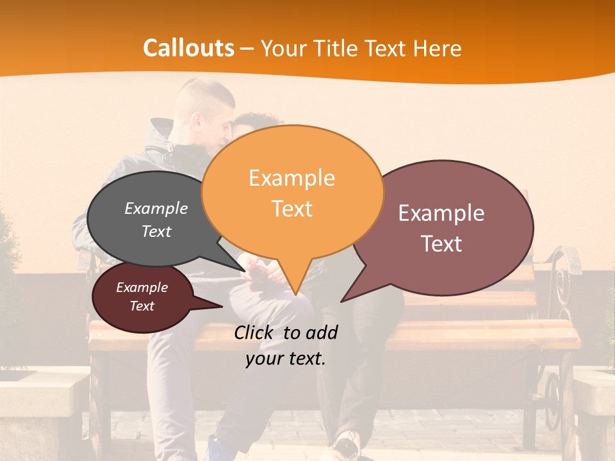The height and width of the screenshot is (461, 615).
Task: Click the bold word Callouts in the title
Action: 188,48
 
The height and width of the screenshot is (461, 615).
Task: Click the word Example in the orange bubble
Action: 291,178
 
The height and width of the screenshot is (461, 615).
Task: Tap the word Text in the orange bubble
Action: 291,208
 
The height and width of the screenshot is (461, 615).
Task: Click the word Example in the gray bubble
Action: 156,208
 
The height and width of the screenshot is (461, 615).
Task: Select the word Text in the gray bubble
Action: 156,231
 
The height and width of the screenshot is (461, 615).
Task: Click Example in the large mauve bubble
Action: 441,213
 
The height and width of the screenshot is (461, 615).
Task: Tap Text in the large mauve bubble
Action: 441,243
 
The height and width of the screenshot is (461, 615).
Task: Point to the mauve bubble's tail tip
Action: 341,301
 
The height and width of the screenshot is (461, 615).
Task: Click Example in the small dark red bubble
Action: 142,287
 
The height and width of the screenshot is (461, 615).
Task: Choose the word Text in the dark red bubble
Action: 142,306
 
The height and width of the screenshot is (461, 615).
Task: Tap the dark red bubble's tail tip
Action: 222,307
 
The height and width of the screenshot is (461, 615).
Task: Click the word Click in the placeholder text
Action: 255,332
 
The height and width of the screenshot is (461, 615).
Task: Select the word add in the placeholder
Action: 322,332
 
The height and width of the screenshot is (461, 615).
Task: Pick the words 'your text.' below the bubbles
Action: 286,359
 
